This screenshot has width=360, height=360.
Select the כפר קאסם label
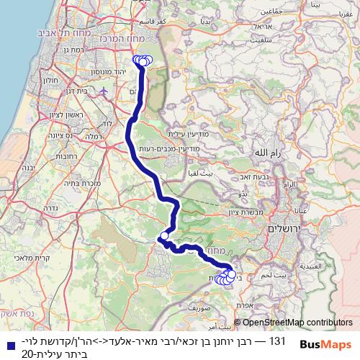[154, 22]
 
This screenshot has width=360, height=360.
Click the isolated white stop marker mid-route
[164, 235]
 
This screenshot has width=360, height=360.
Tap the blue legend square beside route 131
[6, 343]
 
